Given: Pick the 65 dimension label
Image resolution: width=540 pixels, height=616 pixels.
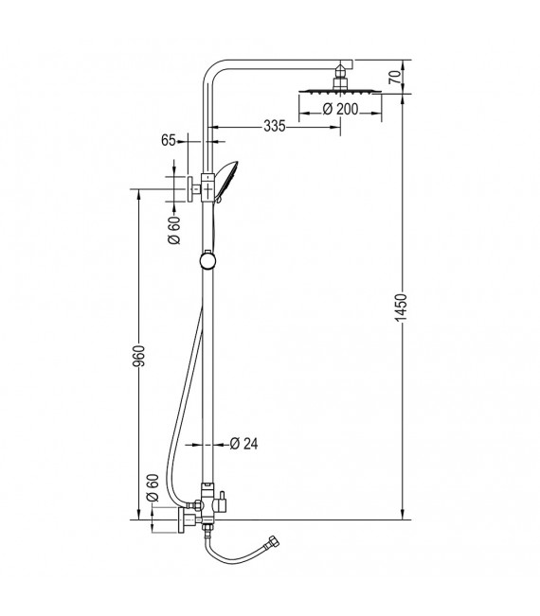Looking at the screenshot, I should click(169, 140).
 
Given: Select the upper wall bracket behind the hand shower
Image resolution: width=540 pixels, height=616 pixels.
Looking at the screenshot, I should click(191, 188).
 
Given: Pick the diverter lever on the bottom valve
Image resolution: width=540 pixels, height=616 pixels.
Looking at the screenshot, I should click(225, 499).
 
